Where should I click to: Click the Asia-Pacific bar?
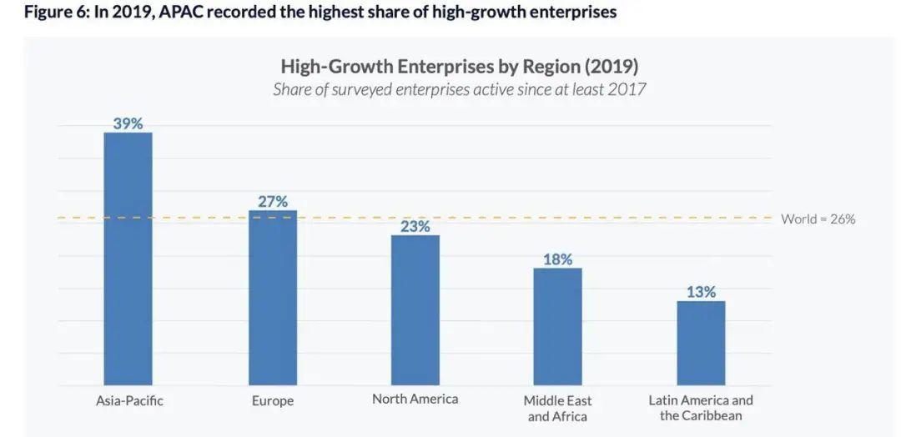point(128,259)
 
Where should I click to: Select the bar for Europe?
point(273,298)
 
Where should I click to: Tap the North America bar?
point(415,310)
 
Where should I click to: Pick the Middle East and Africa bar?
point(557,326)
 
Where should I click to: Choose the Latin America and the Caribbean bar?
point(701,343)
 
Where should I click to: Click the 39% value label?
point(128,123)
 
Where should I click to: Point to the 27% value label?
point(273,201)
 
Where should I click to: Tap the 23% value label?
point(415,226)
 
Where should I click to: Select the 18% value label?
point(557,259)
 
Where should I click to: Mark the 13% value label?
point(701,292)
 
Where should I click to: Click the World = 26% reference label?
point(818,219)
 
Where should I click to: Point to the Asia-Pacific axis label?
point(129,400)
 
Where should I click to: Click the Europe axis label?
point(273,401)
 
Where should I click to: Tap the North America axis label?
point(415,399)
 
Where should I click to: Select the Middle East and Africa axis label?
point(557,409)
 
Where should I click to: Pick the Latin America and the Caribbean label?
point(701,408)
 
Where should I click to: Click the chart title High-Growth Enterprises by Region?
point(459,66)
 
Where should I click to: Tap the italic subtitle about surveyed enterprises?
point(459,89)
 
